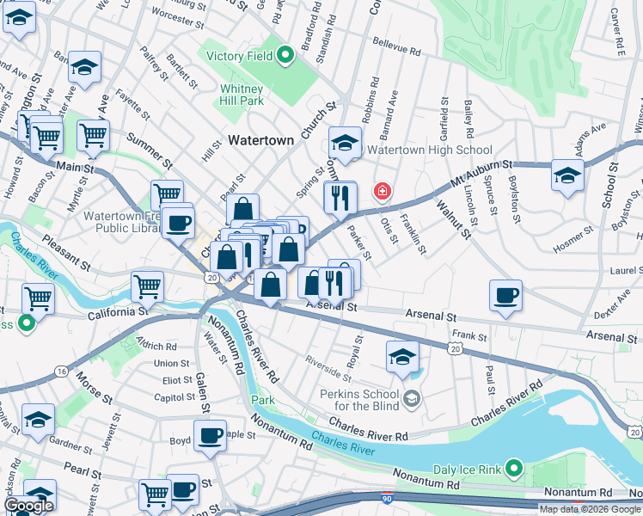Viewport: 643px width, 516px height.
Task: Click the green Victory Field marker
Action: click(x=285, y=57)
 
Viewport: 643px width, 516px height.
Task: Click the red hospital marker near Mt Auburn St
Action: click(x=381, y=191)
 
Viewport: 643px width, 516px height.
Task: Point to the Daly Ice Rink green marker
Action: click(x=513, y=468)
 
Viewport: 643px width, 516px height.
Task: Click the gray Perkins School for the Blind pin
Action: click(x=413, y=397)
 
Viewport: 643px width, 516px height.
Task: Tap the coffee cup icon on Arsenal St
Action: click(x=505, y=297)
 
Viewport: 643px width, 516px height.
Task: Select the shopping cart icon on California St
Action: click(x=148, y=286)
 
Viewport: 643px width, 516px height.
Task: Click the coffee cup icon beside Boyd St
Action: click(x=209, y=435)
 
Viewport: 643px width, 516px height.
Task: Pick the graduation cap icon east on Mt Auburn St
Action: click(x=566, y=175)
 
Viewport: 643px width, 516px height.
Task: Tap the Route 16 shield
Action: click(x=61, y=371)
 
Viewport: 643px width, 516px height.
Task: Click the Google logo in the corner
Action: click(x=28, y=506)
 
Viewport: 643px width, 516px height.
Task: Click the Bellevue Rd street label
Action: click(x=396, y=46)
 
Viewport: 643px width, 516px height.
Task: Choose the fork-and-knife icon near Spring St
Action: click(x=340, y=198)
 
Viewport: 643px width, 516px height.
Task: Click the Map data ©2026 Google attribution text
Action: click(x=590, y=509)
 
